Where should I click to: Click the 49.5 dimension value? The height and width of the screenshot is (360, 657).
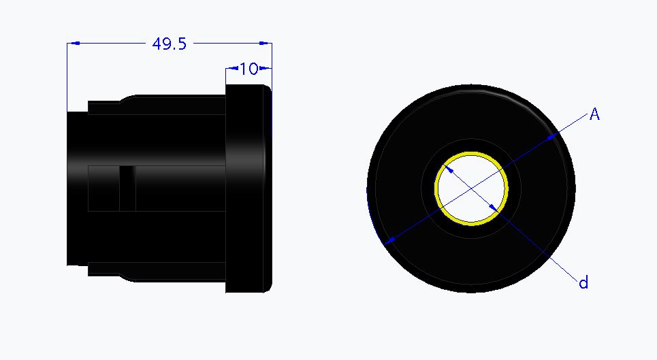pos(169,44)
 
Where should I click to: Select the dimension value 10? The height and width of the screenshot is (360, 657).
pos(249,69)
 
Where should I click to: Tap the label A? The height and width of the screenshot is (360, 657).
pos(594,114)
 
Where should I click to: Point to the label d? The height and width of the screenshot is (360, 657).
pos(583,282)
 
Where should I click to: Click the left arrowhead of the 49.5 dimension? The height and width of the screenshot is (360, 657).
pos(74,44)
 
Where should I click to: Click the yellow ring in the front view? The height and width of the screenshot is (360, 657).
pos(472,152)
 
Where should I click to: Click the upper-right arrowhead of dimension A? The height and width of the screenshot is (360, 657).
pos(553,135)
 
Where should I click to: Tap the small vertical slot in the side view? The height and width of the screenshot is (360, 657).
pos(127,187)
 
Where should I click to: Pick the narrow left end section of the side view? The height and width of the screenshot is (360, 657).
pos(77,187)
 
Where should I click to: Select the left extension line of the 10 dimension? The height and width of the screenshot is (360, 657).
pos(226,76)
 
